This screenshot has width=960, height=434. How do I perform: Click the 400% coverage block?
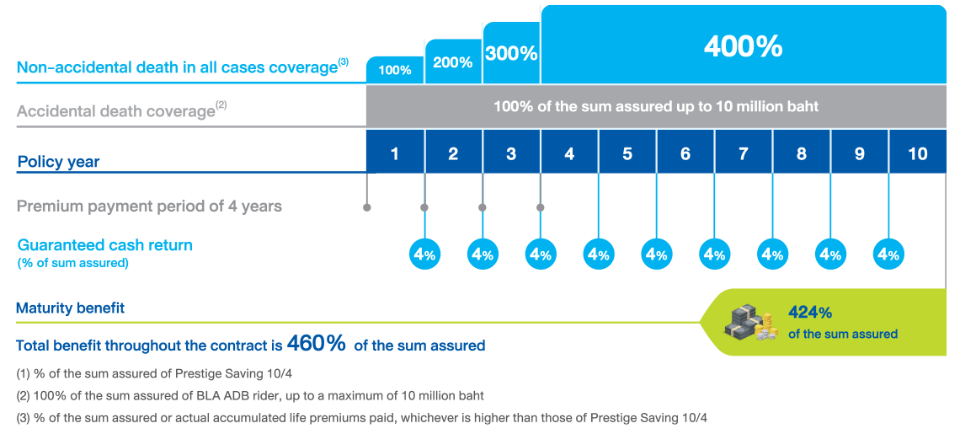(744, 46)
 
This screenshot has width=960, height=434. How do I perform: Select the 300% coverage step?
(511, 53)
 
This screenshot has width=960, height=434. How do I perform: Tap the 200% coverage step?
(453, 62)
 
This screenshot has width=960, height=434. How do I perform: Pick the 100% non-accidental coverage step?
(394, 70)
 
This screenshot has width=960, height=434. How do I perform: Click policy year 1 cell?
(394, 154)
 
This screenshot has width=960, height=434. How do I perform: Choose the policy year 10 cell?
(918, 154)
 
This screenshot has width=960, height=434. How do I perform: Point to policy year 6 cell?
(685, 154)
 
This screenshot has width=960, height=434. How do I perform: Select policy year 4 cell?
(569, 154)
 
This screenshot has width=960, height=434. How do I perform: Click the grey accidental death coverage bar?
(656, 107)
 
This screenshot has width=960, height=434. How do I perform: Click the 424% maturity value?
(810, 313)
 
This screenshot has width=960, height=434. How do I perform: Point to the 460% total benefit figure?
(317, 343)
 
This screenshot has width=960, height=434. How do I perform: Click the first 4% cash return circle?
(424, 255)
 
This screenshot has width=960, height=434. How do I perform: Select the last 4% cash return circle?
(889, 255)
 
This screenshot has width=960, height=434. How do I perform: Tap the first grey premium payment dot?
(366, 206)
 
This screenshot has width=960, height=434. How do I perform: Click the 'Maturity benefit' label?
(70, 308)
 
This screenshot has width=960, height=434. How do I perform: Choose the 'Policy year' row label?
(58, 162)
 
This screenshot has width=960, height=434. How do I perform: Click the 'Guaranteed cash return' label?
(104, 245)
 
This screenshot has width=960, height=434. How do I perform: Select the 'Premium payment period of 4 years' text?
(149, 206)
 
